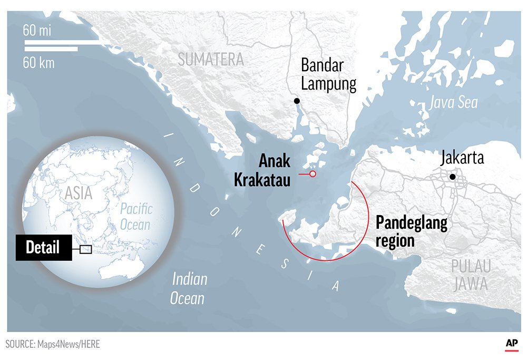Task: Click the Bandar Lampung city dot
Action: (x=297, y=101)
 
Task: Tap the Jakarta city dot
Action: (x=452, y=177)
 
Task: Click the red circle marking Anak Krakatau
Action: (x=313, y=174)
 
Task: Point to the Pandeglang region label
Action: (x=411, y=232)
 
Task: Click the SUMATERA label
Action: (x=210, y=60)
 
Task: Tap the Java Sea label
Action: (x=453, y=102)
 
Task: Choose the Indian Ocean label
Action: (x=189, y=289)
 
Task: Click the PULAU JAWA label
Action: (x=471, y=275)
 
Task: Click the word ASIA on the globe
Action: (x=78, y=193)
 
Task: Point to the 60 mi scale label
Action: (x=37, y=31)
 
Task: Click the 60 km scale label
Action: (x=38, y=63)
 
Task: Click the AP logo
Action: (x=511, y=343)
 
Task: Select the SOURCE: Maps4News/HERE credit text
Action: (x=53, y=344)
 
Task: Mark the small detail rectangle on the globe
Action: (x=85, y=249)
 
